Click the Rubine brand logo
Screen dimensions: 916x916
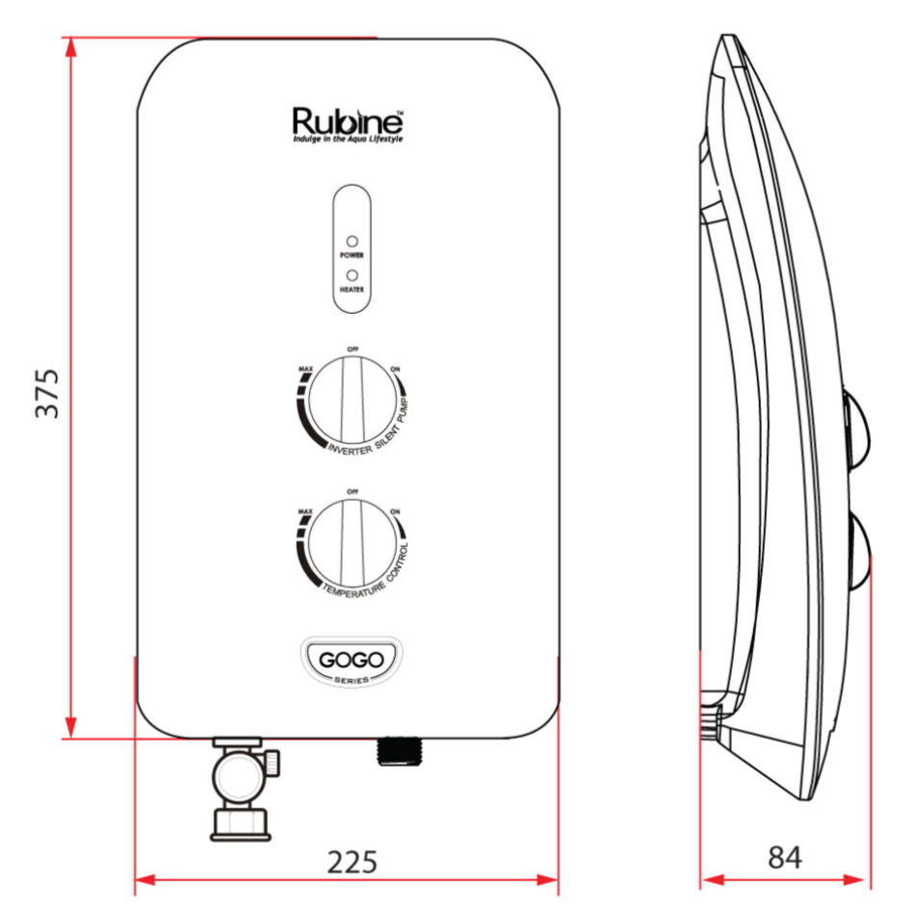347,121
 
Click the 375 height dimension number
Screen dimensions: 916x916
47,391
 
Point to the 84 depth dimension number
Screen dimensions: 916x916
785,856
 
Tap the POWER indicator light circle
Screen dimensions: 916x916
352,241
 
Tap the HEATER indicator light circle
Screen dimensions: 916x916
352,275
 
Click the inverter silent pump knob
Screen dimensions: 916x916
352,399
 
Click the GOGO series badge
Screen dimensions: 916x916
352,662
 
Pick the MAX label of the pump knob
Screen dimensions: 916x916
305,370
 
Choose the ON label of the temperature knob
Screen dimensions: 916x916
395,511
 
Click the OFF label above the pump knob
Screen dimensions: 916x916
353,349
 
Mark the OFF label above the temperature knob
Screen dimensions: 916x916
353,490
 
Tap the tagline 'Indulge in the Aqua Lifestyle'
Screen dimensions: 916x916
348,140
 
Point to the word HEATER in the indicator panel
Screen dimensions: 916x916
352,289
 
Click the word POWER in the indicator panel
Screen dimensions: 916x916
352,256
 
